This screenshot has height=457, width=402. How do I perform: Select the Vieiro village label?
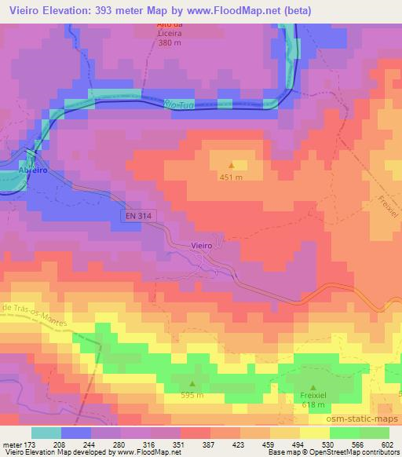pyautogui.click(x=202, y=246)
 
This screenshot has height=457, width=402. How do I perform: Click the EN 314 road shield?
pyautogui.click(x=135, y=214)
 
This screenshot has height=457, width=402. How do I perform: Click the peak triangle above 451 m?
pyautogui.click(x=232, y=165)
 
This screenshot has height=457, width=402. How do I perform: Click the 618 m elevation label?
pyautogui.click(x=314, y=405)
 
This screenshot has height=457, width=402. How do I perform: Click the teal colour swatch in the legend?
pyautogui.click(x=46, y=433)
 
